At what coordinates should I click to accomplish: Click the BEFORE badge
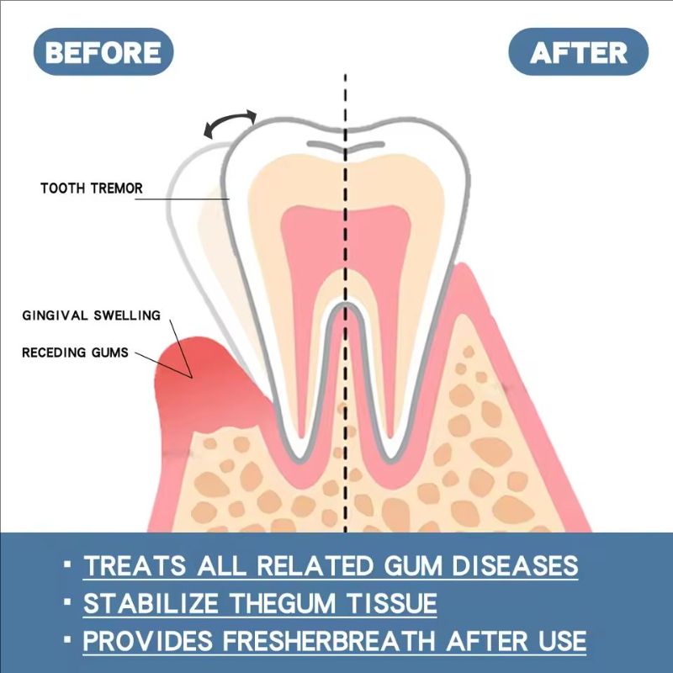tap(103, 52)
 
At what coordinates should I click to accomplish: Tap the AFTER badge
tap(579, 52)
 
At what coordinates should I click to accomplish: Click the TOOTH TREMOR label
tap(92, 188)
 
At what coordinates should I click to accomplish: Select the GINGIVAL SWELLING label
tap(90, 315)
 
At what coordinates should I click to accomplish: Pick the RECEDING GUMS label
tap(76, 352)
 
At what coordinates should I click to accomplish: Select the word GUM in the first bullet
tap(394, 565)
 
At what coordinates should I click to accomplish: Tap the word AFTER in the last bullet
tap(480, 641)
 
